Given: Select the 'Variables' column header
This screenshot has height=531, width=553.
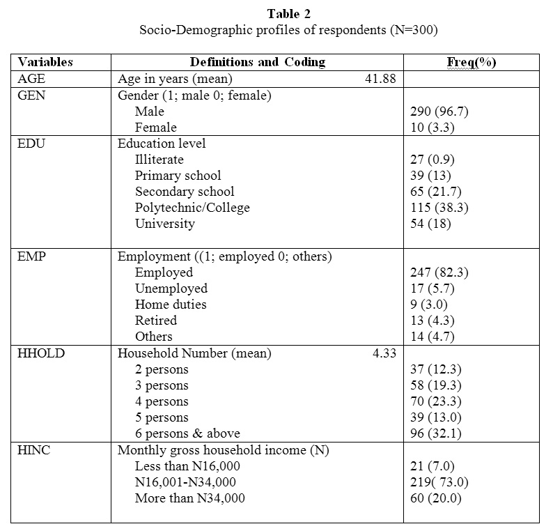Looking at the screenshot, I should [45, 62].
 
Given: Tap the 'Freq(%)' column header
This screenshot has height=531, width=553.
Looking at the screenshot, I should [471, 62].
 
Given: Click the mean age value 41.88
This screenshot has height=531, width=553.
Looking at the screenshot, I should [380, 79].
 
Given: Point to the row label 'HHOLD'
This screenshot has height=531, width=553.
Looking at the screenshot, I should [40, 353].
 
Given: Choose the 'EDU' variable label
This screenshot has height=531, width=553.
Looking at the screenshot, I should [31, 144].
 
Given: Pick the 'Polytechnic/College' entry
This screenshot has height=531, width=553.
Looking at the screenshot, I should [192, 208].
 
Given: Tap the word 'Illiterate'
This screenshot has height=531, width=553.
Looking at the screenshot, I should [159, 160].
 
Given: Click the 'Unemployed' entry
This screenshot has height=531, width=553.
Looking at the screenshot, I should [171, 288].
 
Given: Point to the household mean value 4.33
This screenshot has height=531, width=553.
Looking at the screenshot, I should [384, 353].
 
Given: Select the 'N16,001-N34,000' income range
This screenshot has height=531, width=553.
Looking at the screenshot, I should [185, 482].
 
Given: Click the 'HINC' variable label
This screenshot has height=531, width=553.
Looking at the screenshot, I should [33, 450].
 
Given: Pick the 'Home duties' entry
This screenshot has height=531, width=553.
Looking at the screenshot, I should [171, 305].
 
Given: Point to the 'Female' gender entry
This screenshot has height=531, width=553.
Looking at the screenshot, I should [156, 128].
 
